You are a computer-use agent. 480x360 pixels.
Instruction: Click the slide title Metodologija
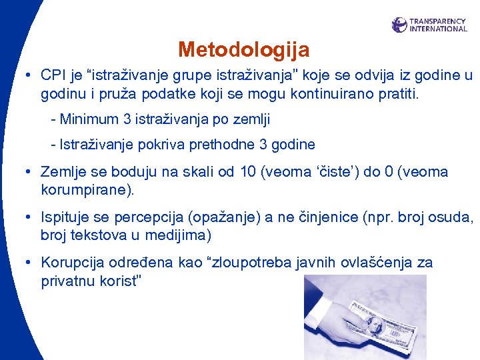243,49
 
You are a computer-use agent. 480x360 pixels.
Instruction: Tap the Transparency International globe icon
399,25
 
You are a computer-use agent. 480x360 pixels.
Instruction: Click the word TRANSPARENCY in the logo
437,21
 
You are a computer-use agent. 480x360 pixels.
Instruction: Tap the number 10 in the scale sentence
248,172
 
